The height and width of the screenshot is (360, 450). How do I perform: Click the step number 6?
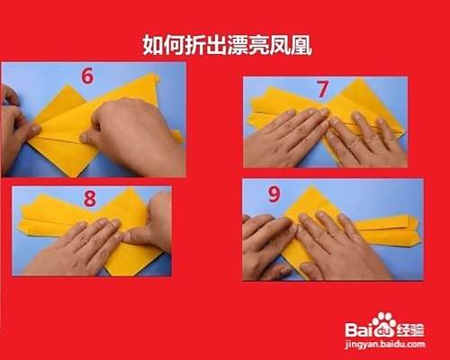(x=87, y=76)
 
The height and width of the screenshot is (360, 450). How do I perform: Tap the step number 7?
(x=322, y=89)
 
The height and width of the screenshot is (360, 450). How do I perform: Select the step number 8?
(x=90, y=199)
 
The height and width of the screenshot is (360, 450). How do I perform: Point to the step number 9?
(x=274, y=194)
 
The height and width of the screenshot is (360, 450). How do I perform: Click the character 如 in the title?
(x=153, y=46)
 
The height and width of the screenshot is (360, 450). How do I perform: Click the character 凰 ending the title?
(x=301, y=46)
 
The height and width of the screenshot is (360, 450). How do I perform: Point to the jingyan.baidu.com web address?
(x=385, y=345)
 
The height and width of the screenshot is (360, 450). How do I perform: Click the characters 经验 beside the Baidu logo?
(x=410, y=330)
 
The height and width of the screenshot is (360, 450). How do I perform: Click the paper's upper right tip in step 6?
(x=156, y=74)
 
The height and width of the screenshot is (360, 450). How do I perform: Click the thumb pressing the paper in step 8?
(x=138, y=236)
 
